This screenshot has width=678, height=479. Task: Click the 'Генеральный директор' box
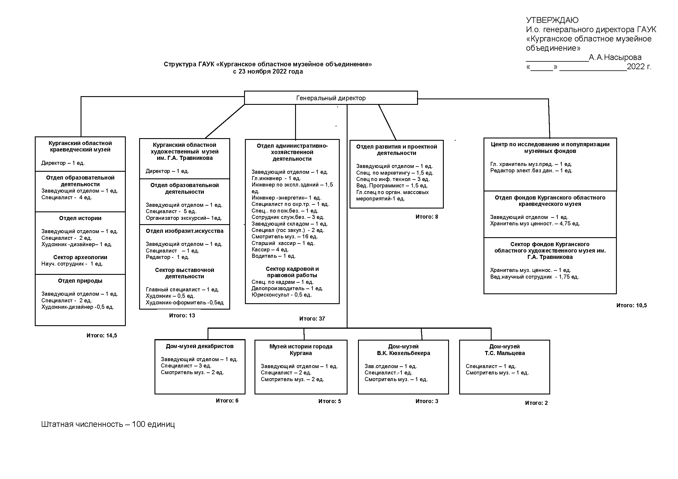tap(331, 98)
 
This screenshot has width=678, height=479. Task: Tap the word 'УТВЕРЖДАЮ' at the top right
tap(552, 20)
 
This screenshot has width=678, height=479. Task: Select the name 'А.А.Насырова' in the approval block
tap(615, 57)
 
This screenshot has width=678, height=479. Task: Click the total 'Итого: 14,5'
tap(101, 335)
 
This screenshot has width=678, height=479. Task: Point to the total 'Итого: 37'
tap(312, 319)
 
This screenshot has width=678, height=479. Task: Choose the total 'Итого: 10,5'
tap(631, 305)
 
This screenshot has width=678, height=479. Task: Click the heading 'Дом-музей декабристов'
tap(200, 346)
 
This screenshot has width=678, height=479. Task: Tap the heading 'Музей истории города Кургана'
tap(301, 350)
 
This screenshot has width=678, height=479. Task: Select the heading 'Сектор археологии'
tap(80, 257)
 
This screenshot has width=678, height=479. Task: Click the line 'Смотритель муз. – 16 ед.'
tap(284, 237)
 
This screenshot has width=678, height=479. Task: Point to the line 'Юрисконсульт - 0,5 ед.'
tap(281, 295)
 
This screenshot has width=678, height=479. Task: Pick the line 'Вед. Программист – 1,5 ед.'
tap(392, 186)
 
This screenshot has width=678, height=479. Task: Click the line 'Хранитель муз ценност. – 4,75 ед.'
tap(535, 224)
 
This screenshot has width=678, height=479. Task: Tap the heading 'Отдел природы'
tap(80, 281)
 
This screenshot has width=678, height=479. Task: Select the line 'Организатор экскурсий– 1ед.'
tap(184, 218)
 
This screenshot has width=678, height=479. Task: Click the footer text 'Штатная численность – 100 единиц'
tap(108, 425)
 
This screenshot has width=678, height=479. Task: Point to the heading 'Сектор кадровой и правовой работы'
tap(292, 272)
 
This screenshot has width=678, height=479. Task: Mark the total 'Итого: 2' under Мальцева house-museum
tap(536, 403)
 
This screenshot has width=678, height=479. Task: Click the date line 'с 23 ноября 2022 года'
tap(268, 72)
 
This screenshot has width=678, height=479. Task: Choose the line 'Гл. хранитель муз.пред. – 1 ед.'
tap(531, 164)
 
